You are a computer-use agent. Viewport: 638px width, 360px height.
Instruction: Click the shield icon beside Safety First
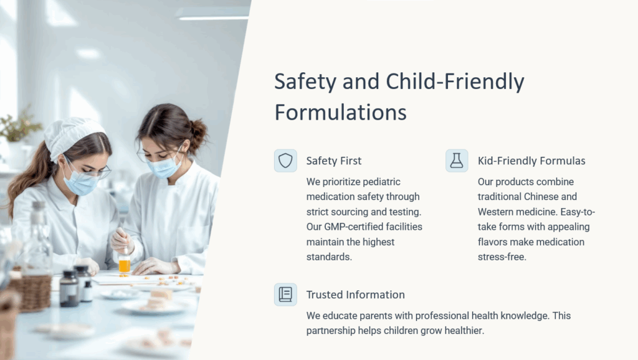click(x=285, y=161)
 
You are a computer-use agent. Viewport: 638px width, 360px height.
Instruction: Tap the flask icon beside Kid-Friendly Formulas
click(x=457, y=161)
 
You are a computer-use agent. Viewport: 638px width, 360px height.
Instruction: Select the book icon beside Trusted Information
click(x=285, y=295)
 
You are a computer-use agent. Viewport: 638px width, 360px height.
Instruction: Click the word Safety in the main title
click(x=305, y=82)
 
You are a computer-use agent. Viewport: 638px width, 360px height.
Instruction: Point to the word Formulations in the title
click(x=341, y=112)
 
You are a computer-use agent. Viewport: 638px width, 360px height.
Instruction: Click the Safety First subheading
click(x=334, y=161)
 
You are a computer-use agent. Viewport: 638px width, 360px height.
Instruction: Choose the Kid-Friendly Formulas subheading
click(x=531, y=161)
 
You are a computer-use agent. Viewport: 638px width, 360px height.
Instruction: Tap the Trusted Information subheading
click(x=355, y=295)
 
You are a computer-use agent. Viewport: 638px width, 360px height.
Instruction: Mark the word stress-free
click(x=502, y=257)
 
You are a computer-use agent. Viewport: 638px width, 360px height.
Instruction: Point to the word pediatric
click(x=381, y=182)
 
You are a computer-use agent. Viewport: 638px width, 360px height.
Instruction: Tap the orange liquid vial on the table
click(x=125, y=265)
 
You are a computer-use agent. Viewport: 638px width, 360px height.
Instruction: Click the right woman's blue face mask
click(x=164, y=166)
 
